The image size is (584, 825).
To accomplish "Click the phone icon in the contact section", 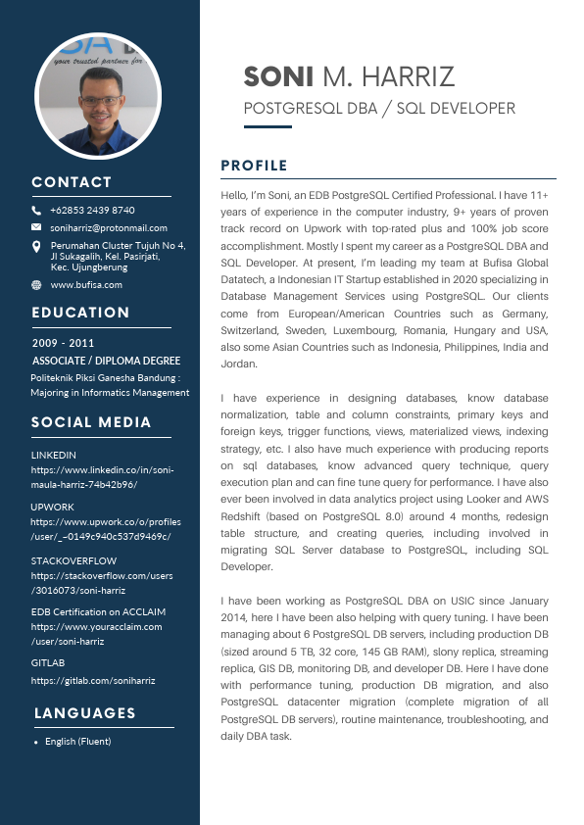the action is [x=36, y=211].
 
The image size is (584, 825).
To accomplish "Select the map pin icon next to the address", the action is [x=36, y=247].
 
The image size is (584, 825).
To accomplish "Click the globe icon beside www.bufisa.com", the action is [x=36, y=284].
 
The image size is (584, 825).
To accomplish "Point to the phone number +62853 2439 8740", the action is [x=93, y=211].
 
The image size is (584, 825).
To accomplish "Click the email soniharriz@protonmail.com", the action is [x=109, y=228].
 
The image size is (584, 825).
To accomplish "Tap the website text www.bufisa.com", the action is [x=86, y=284].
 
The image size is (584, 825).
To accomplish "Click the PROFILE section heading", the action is [x=254, y=166].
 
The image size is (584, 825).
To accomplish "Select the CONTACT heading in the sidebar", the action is [x=72, y=182].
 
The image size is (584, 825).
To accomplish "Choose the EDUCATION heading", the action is [x=80, y=313].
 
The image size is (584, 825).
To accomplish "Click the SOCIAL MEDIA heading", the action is [x=91, y=422].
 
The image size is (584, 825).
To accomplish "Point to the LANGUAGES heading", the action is [x=85, y=713].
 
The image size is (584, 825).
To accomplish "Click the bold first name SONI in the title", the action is [x=278, y=76].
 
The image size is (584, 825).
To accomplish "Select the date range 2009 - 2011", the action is [x=63, y=344].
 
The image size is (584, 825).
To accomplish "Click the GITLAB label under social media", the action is [x=47, y=663].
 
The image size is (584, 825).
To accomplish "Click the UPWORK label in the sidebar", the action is [x=52, y=507].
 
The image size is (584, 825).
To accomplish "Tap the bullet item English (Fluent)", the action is [x=77, y=742].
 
